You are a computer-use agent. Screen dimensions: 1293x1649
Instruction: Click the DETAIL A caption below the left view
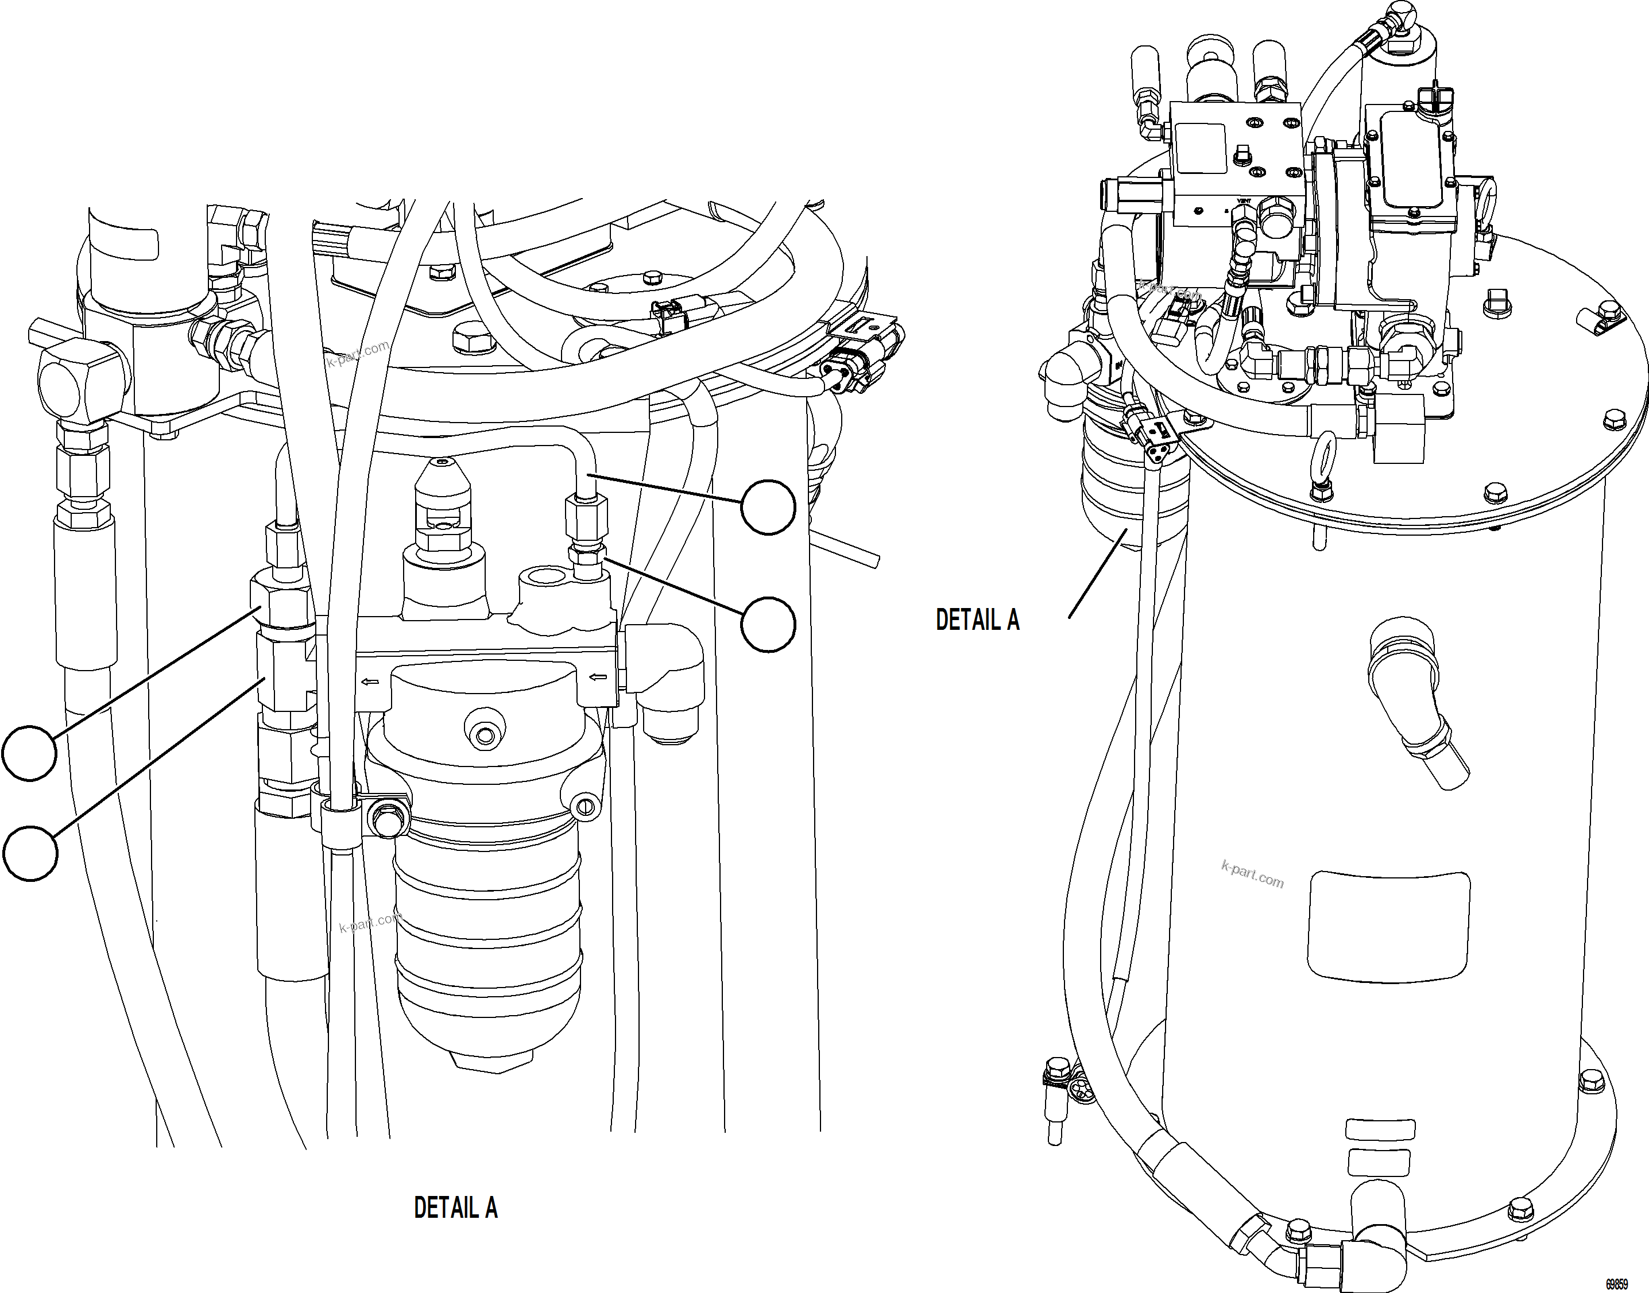pyautogui.click(x=455, y=1207)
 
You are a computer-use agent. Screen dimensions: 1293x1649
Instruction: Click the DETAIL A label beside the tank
pyautogui.click(x=977, y=620)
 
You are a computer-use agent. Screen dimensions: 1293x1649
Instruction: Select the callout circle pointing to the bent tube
pyautogui.click(x=768, y=507)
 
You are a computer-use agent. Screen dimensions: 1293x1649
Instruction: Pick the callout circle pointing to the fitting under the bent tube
pyautogui.click(x=768, y=625)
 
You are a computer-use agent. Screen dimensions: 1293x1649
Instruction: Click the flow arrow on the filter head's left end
pyautogui.click(x=370, y=682)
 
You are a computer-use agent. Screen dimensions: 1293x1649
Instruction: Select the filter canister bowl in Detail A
pyautogui.click(x=489, y=946)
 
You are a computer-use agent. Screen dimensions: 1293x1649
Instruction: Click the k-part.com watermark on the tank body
pyautogui.click(x=1252, y=874)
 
